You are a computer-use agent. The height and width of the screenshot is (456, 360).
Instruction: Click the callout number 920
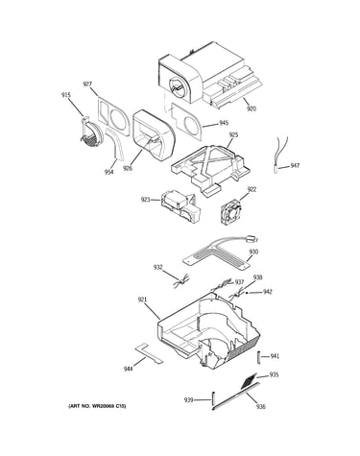tap(252, 108)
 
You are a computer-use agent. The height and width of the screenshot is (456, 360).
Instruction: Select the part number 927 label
tap(87, 84)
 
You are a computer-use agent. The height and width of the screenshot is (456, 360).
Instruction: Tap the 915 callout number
tap(66, 95)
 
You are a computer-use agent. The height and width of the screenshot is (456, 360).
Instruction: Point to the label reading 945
tap(224, 123)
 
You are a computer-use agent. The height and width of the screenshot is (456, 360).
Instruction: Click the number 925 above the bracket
tap(233, 135)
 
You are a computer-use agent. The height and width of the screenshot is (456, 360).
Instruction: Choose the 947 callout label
tap(295, 165)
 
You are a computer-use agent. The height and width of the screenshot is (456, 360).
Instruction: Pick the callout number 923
tap(146, 200)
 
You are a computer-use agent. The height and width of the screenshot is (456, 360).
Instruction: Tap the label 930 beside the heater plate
tap(253, 252)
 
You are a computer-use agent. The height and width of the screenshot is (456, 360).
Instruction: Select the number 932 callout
tap(158, 267)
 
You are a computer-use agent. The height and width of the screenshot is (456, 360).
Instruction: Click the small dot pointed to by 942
tap(247, 293)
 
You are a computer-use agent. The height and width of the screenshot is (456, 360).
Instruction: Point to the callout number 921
tap(142, 300)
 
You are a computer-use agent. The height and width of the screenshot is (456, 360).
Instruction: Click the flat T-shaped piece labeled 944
tap(149, 352)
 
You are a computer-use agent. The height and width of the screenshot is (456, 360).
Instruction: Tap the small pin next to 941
tap(259, 357)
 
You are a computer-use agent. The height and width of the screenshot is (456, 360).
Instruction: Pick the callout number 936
tap(261, 407)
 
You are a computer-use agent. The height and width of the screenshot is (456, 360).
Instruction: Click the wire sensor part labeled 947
tap(280, 154)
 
